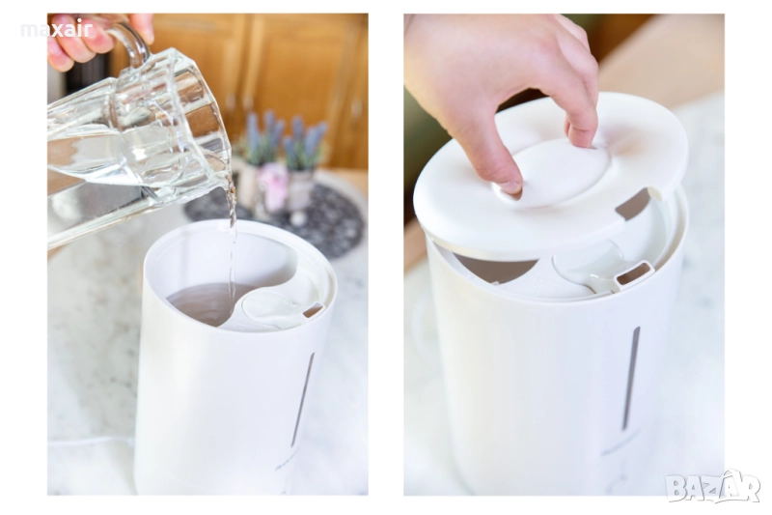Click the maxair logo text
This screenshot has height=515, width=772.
tap(56, 30)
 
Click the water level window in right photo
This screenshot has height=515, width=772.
tap(631, 378)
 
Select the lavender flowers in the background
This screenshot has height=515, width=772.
tap(286, 138)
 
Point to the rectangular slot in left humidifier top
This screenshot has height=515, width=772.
tap(313, 310)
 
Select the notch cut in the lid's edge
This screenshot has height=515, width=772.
tap(635, 203)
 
